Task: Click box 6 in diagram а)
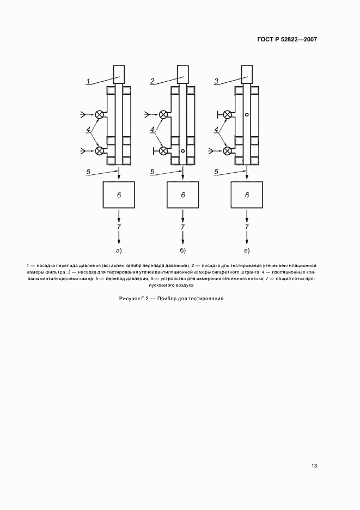[x=119, y=195]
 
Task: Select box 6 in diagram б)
[x=183, y=195]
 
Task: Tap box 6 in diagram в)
[x=247, y=195]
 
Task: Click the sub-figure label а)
[x=119, y=250]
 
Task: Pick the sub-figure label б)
[x=183, y=250]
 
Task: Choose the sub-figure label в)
[x=247, y=250]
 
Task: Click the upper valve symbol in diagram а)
[x=100, y=114]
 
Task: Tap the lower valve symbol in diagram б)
[x=163, y=150]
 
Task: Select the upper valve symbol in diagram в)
[x=227, y=114]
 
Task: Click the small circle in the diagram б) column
[x=183, y=151]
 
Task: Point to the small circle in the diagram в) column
[x=247, y=114]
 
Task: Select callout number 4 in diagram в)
[x=216, y=129]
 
